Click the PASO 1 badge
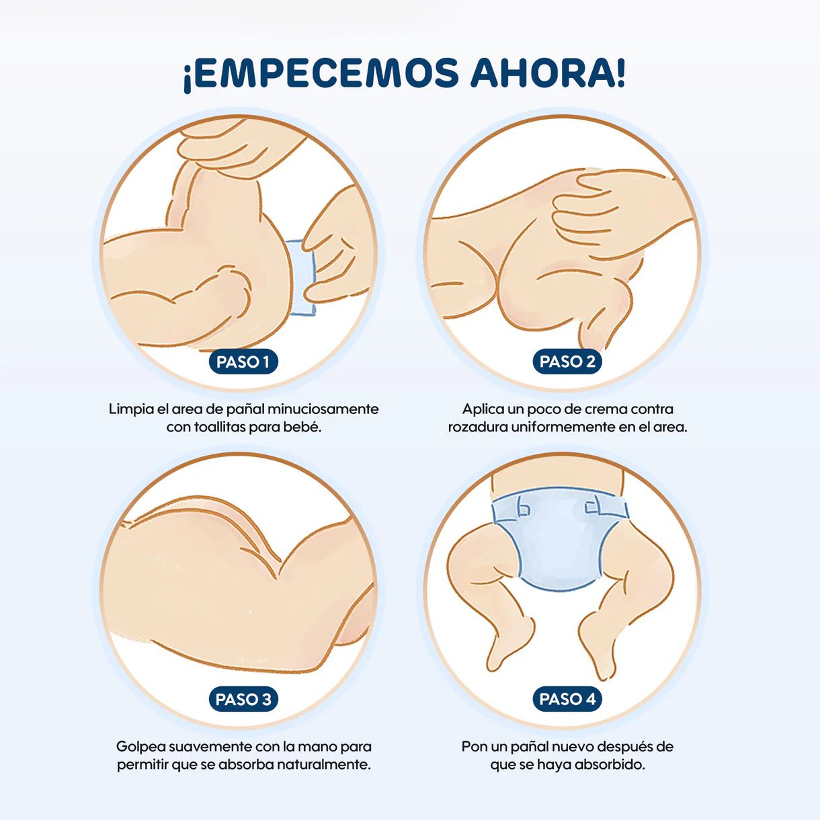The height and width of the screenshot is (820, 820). pos(243,362)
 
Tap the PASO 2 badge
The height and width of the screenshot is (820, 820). pos(567,362)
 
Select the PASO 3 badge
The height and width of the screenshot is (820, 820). pos(243,699)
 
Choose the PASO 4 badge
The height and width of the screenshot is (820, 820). pos(567,699)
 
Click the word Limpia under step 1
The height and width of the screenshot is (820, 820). pos(131,410)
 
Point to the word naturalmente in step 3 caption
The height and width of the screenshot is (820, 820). pos(324,765)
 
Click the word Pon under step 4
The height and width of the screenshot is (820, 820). pos(475,747)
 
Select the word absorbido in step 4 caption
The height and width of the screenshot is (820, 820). pos(610,765)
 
